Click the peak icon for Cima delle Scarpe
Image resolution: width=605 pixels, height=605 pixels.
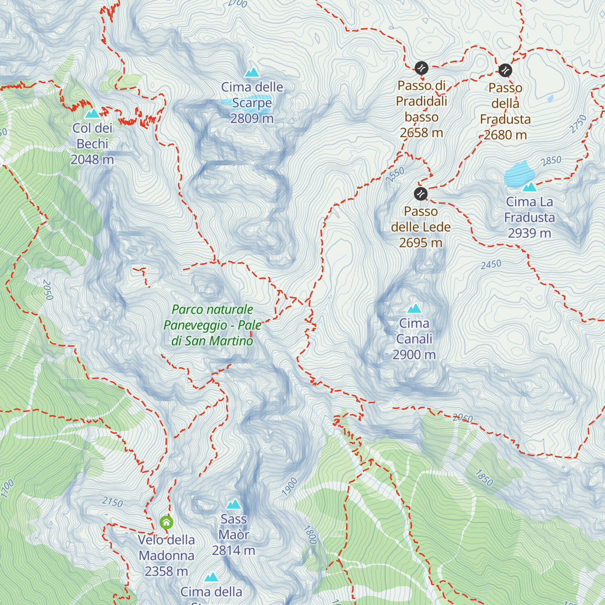[x=252, y=72]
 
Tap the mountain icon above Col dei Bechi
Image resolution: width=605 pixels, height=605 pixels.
[x=92, y=113]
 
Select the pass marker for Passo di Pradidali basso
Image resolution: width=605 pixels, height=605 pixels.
[x=421, y=68]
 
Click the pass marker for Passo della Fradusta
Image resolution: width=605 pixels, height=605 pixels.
[x=505, y=70]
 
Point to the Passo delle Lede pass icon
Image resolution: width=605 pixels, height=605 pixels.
[x=420, y=194]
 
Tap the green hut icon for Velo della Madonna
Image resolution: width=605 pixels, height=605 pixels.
[x=166, y=522]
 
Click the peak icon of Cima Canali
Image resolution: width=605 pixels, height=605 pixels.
[x=414, y=309]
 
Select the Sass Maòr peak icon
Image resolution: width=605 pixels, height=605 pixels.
[x=233, y=504]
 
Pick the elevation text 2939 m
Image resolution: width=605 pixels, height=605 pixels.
[x=529, y=233]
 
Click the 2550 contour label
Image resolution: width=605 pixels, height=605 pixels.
[x=395, y=174]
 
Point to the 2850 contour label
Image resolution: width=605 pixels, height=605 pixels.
[x=551, y=161]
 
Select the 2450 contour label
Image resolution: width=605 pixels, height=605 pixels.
[x=491, y=264]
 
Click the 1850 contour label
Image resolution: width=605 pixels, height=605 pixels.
[x=483, y=477]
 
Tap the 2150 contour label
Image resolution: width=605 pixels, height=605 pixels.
[x=112, y=502]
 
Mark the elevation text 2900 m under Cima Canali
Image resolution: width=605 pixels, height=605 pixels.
[x=414, y=355]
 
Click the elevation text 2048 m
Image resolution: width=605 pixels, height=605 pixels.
[x=92, y=160]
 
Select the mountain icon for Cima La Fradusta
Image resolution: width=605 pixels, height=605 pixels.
[x=529, y=187]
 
